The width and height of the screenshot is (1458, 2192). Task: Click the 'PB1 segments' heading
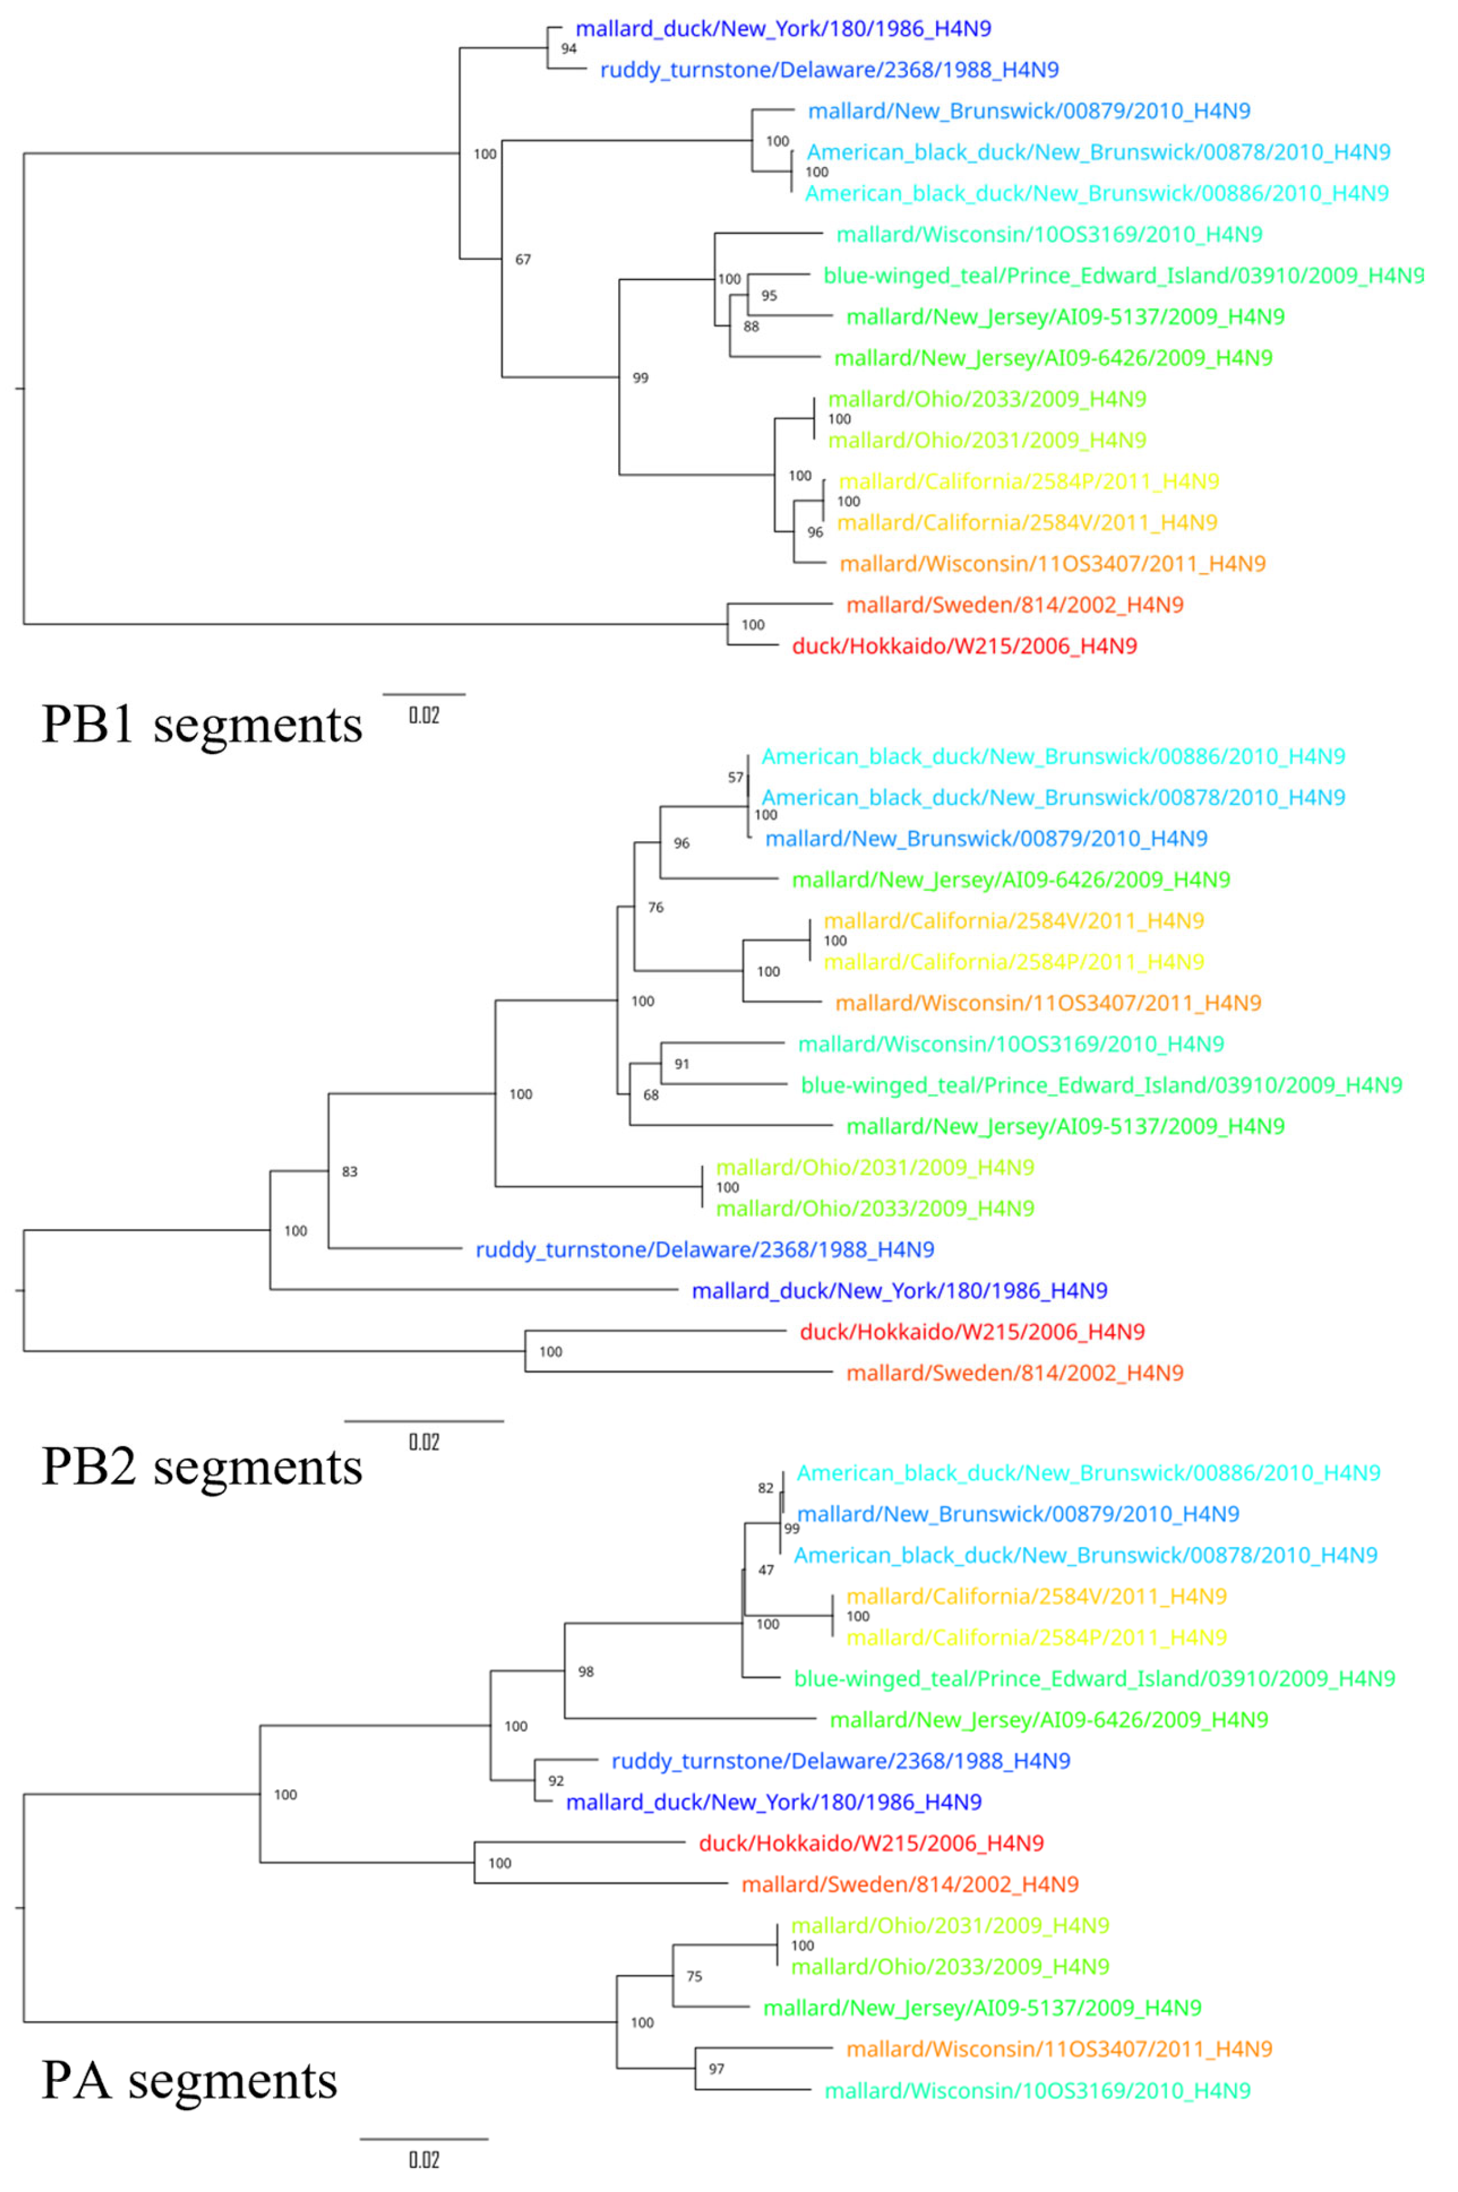(202, 725)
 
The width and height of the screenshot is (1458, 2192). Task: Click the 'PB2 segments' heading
(202, 1468)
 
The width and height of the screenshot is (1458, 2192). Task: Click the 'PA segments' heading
(189, 2080)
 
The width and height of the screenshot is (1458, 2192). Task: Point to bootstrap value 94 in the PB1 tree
(569, 48)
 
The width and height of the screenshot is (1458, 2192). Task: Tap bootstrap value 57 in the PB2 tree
(735, 777)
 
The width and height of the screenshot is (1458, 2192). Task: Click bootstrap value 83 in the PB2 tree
(350, 1171)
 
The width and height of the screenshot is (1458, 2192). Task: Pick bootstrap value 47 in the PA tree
(766, 1570)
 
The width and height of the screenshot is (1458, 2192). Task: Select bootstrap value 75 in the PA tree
(694, 1976)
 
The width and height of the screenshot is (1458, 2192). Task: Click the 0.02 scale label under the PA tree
(424, 2160)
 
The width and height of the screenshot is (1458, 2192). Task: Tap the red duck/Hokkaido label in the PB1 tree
(964, 646)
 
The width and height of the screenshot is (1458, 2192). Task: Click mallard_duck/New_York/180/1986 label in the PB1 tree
(783, 29)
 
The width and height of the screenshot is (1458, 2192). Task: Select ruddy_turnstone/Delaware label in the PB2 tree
(705, 1249)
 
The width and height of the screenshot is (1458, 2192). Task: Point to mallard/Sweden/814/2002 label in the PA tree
(910, 1884)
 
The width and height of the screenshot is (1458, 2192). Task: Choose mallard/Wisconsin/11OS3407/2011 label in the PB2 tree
(1048, 1003)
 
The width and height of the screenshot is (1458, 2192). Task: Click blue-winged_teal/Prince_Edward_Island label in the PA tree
(1094, 1679)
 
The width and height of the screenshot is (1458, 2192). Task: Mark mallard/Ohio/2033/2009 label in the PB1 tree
(987, 399)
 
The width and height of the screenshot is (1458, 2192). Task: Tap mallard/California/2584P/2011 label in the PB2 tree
(1014, 962)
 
